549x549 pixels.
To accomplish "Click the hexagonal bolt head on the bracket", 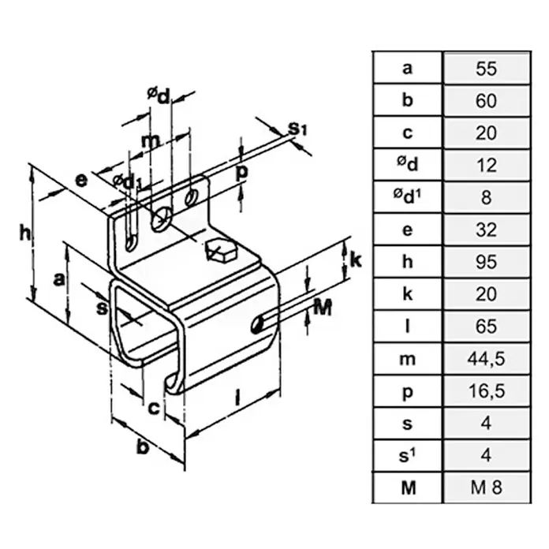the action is tap(221, 250).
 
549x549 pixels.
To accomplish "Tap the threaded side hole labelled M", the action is tap(257, 324).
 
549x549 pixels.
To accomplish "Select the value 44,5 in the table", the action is tap(487, 359).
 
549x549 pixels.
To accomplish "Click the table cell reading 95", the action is tap(487, 262).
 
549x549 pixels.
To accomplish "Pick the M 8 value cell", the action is tap(487, 487).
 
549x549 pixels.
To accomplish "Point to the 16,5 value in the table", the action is tap(487, 390).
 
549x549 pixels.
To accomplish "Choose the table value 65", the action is tap(487, 327).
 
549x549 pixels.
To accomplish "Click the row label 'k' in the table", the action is tap(408, 293).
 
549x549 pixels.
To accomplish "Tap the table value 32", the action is tap(487, 230).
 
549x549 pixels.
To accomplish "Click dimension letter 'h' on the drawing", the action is tap(25, 233).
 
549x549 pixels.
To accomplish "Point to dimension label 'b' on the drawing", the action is tap(144, 446).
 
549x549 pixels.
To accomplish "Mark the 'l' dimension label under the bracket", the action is tap(237, 398).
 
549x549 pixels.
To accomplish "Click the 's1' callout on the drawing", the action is tap(297, 129).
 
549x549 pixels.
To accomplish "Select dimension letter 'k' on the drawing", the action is tap(356, 260).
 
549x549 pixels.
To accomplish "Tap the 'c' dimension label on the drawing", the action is tap(154, 409).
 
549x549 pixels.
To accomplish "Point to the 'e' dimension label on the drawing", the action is tap(81, 181).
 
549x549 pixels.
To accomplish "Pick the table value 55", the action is tap(487, 68).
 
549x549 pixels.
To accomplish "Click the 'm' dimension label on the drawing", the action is tap(151, 140).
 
